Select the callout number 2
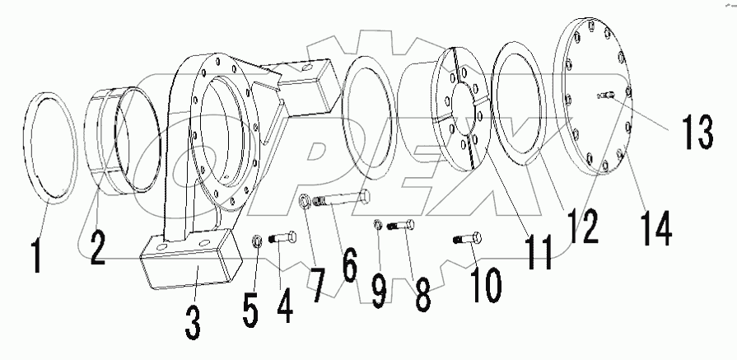[97, 245]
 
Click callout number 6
[350, 266]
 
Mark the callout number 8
[422, 293]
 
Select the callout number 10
[484, 283]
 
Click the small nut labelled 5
[256, 241]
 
